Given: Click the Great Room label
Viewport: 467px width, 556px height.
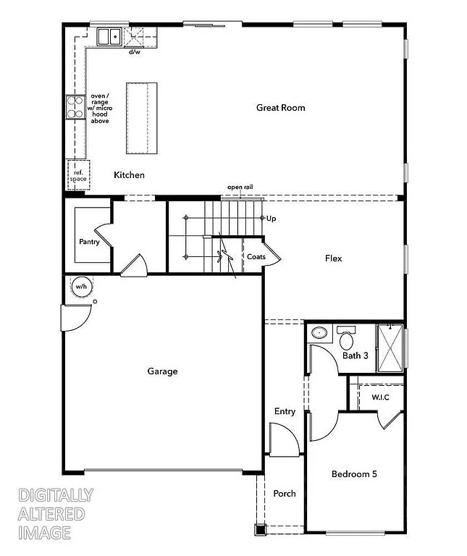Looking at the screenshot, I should click(280, 108).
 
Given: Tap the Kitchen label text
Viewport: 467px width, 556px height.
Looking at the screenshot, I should click(129, 175).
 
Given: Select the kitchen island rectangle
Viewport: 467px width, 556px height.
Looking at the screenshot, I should click(141, 117).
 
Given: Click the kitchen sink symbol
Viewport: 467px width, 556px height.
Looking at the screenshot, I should click(109, 36).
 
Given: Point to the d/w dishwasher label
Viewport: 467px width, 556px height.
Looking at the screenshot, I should click(135, 52).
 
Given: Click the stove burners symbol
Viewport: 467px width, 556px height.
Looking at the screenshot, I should click(75, 107).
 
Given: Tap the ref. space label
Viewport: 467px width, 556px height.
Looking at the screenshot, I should click(78, 175).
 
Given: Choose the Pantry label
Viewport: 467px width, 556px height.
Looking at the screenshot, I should click(89, 242).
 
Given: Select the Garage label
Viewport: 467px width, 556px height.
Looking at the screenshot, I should click(162, 371).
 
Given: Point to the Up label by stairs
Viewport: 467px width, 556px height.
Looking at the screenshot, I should click(272, 219).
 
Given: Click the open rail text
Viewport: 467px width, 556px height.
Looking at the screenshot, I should click(240, 188).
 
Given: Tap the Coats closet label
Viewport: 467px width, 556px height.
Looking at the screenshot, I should click(256, 257).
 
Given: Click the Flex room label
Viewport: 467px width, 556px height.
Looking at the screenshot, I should click(333, 258).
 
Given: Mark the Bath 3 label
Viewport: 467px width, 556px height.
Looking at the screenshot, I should click(355, 355).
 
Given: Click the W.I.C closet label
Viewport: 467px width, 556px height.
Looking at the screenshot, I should click(381, 397).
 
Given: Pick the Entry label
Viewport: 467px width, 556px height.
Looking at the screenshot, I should click(285, 412).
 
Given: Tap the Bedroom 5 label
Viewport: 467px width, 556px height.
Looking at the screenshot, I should click(354, 474).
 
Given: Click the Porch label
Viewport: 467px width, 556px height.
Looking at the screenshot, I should click(284, 494).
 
